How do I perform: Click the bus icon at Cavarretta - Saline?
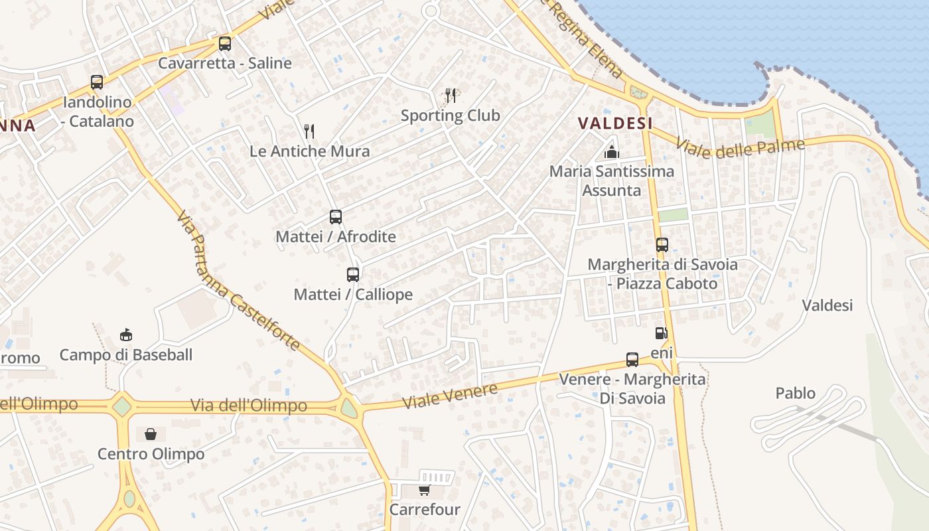click(225, 44)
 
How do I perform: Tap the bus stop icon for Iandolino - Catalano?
click(97, 82)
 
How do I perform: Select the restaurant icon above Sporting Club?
click(451, 96)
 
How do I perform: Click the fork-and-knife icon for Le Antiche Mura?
click(309, 131)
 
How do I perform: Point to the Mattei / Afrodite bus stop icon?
click(336, 216)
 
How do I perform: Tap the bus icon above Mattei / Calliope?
click(353, 274)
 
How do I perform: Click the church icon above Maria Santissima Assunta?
click(611, 152)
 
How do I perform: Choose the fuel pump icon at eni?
click(661, 333)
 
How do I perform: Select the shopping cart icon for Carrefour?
click(424, 490)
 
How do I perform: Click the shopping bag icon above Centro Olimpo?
click(151, 434)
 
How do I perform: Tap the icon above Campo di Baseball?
click(126, 335)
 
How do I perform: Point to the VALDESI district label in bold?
click(615, 123)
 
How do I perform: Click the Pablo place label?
click(795, 394)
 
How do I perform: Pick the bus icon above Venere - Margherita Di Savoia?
click(632, 360)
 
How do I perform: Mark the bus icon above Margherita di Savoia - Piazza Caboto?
click(662, 244)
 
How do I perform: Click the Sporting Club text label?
click(451, 115)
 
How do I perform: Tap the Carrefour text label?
click(425, 510)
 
